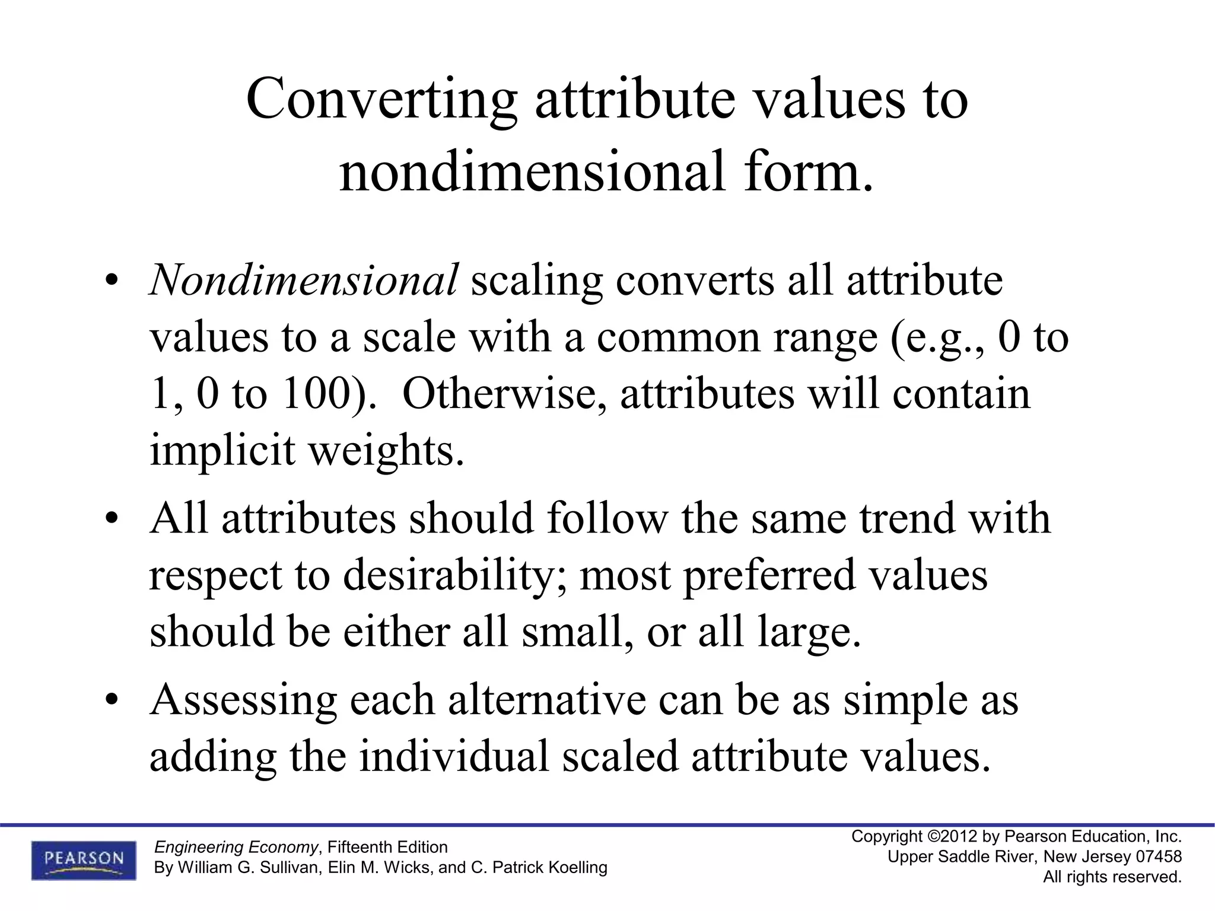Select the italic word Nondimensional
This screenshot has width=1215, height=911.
click(x=304, y=280)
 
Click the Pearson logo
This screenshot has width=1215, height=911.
click(x=84, y=859)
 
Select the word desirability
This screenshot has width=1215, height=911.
click(x=447, y=575)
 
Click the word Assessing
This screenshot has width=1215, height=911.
click(x=243, y=700)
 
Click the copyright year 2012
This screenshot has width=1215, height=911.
click(x=959, y=837)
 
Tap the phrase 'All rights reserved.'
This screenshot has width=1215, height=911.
click(x=1112, y=877)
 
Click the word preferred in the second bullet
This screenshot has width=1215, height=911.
click(x=769, y=575)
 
